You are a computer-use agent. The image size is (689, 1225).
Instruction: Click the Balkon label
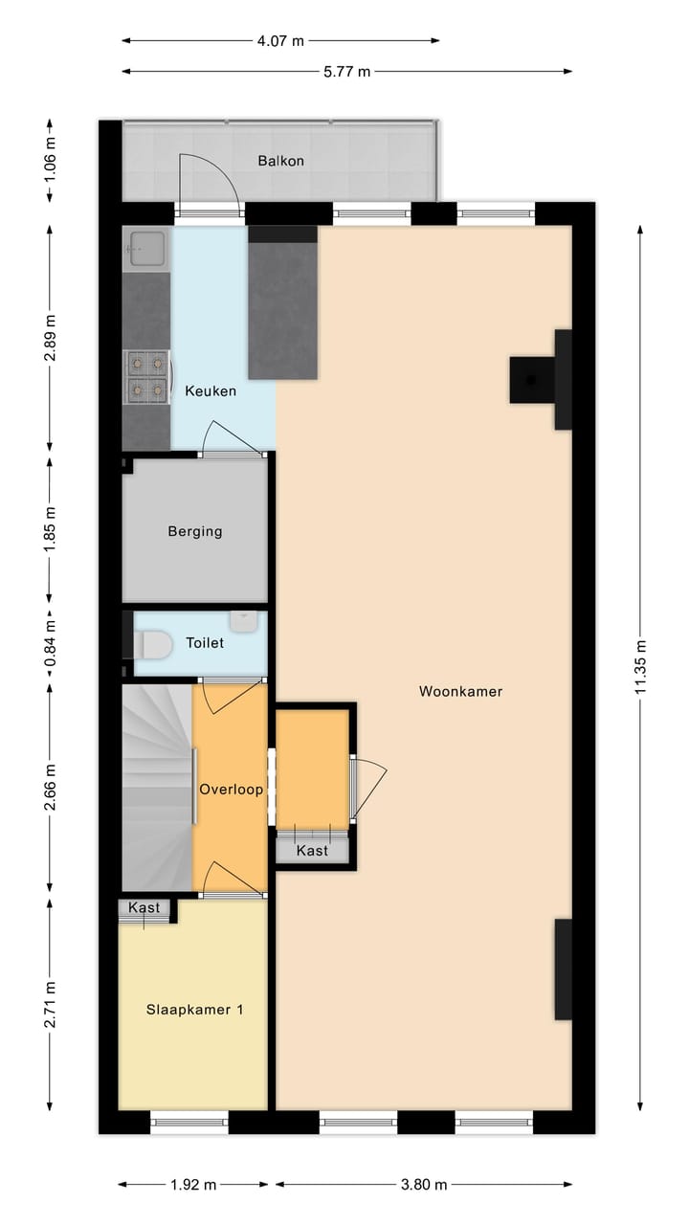click(280, 161)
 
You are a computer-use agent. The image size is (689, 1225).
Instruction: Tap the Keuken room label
click(211, 390)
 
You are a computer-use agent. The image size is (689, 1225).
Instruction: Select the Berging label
click(194, 531)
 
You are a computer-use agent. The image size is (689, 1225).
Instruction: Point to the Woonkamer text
click(460, 691)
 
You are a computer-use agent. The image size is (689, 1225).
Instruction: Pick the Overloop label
click(231, 790)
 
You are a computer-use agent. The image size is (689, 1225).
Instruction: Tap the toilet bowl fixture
click(153, 646)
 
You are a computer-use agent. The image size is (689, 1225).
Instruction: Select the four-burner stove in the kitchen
click(146, 376)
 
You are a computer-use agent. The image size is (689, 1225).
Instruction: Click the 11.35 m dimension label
click(640, 667)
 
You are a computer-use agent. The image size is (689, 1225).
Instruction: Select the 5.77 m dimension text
click(345, 71)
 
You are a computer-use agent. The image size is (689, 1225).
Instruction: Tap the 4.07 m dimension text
click(280, 40)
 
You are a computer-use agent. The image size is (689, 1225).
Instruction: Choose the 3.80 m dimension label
click(423, 1184)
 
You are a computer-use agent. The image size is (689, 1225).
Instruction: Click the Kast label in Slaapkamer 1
click(144, 907)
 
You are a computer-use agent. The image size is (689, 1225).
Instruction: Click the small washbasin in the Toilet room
click(244, 620)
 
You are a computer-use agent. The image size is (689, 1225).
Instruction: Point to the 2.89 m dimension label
click(50, 337)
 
